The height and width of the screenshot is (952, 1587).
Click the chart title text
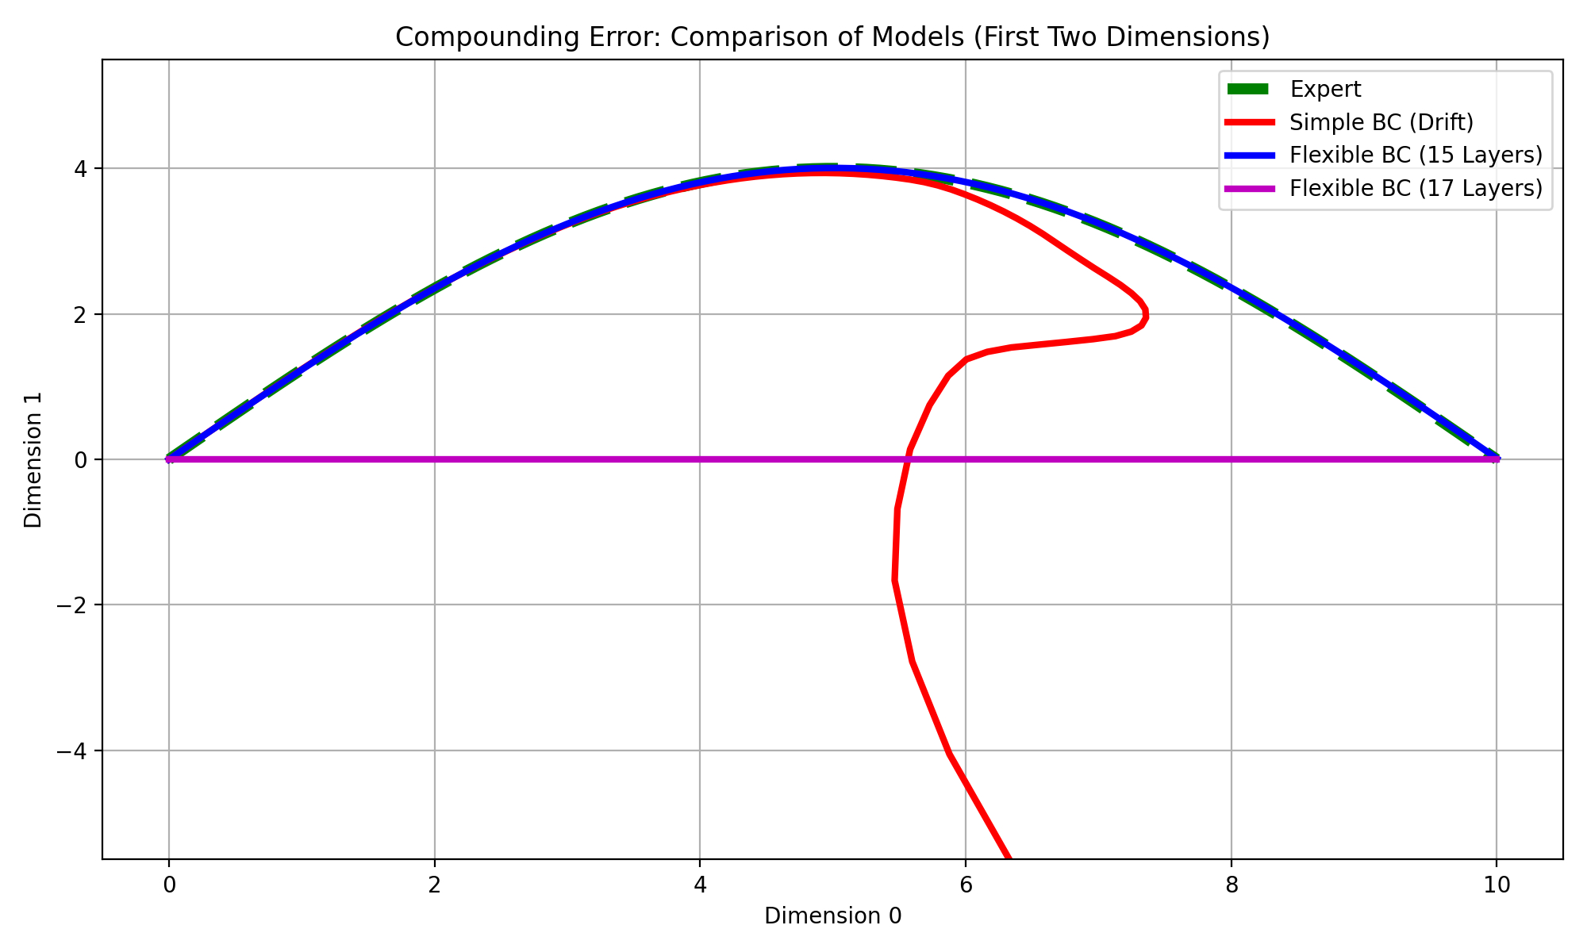832,37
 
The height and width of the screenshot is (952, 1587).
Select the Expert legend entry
1325,89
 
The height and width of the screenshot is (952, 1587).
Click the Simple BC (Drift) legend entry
1381,122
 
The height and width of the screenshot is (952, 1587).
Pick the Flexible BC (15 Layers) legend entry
1416,155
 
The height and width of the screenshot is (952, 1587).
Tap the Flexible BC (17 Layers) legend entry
1416,188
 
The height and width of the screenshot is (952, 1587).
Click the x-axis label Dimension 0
832,916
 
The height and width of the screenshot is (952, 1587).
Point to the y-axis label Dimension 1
33,459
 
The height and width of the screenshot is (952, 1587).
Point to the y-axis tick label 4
81,168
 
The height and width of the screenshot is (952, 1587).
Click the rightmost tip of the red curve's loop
1146,316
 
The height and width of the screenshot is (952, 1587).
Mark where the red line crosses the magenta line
909,459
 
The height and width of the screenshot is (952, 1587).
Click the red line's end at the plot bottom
1008,856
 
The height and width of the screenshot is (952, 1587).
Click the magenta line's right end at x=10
1496,459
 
